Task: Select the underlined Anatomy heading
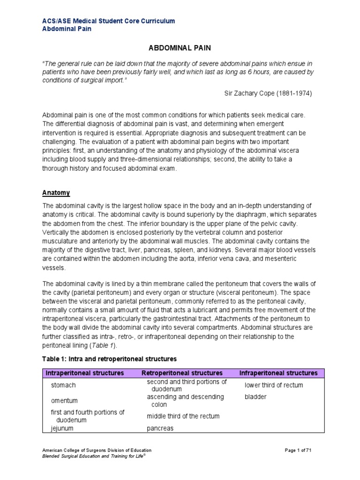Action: tap(56, 193)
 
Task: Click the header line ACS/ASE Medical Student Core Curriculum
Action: tap(109, 21)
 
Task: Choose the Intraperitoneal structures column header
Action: tap(84, 373)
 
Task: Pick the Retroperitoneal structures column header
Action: tap(182, 373)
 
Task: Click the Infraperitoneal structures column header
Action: tap(278, 373)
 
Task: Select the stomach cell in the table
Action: tap(63, 385)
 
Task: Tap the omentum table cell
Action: tap(64, 401)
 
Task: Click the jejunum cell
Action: tap(62, 428)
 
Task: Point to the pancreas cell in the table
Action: tap(160, 428)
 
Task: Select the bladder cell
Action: tap(255, 397)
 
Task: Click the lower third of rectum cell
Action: tap(274, 385)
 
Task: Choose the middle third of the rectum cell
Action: tap(183, 416)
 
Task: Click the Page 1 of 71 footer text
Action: tap(298, 450)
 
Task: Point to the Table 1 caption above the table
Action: tap(109, 359)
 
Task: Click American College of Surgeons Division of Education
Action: tap(97, 450)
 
